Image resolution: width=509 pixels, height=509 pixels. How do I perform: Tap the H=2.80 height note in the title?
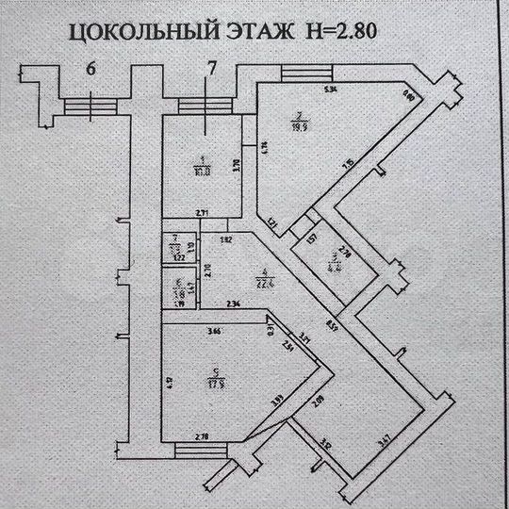[x=344, y=30]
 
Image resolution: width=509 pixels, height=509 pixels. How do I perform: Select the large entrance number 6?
[x=90, y=68]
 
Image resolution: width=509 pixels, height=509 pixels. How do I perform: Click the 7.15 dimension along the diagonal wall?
[x=348, y=165]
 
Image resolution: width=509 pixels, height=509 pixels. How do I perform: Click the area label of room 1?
[x=201, y=171]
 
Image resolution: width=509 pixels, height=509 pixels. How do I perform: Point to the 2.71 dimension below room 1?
[x=202, y=215]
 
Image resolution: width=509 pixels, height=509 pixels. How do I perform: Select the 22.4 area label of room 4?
[x=237, y=278]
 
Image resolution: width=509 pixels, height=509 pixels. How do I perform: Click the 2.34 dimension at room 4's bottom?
[x=234, y=303]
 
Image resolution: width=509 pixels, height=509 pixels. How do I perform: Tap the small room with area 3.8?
[x=173, y=292]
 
